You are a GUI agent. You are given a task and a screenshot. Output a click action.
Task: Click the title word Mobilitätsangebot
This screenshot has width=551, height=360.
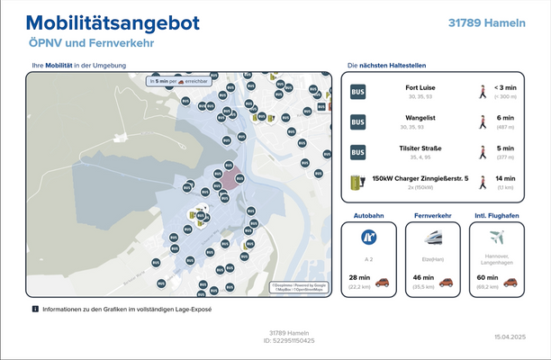[x=113, y=23]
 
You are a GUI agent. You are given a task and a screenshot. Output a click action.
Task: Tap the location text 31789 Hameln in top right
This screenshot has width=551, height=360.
[x=486, y=22]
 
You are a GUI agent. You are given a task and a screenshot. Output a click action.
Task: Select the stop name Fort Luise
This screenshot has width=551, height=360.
[x=420, y=87]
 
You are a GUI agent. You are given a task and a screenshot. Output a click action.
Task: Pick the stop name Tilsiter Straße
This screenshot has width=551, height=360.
[x=420, y=148]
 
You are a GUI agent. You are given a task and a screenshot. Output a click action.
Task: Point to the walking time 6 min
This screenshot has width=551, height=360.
[x=505, y=118]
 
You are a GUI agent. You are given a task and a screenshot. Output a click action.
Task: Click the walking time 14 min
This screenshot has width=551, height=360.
[x=505, y=179]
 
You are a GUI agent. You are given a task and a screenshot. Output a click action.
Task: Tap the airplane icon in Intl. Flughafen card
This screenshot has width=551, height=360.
[x=496, y=238]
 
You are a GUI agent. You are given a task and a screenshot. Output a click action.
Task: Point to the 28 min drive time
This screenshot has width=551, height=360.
[x=358, y=278]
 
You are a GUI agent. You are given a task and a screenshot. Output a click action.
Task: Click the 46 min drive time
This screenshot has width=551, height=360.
[x=422, y=278]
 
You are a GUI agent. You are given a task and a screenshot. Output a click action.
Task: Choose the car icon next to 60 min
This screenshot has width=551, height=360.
[x=511, y=282]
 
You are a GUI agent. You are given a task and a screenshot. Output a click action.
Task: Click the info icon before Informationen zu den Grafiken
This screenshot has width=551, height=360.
[x=35, y=309]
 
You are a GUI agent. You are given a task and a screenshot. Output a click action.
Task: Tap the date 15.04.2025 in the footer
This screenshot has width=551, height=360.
[x=509, y=336]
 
